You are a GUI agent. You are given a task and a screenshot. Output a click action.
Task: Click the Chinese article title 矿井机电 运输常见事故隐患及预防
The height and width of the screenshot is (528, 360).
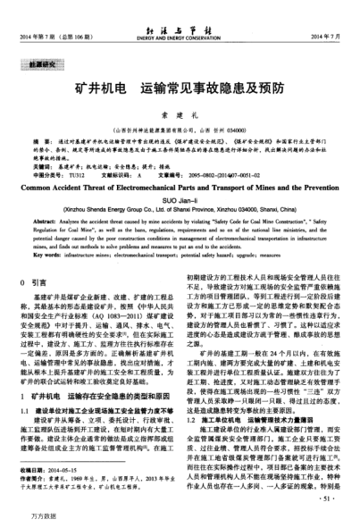click(180, 91)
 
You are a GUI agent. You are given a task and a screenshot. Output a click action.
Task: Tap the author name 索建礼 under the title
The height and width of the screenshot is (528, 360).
click(180, 116)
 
